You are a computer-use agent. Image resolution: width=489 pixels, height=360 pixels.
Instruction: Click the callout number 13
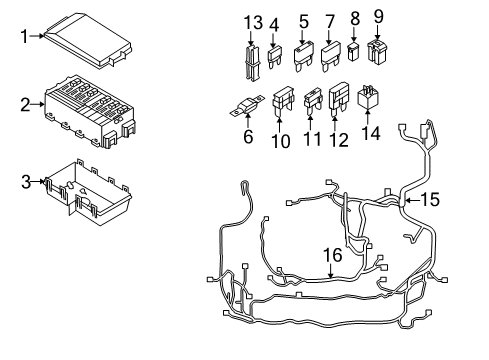(253, 22)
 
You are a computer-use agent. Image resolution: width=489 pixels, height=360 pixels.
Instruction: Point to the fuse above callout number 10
(282, 99)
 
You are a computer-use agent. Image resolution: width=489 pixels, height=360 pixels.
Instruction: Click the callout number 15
(428, 199)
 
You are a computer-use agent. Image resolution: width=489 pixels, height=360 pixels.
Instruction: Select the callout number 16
(331, 256)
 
